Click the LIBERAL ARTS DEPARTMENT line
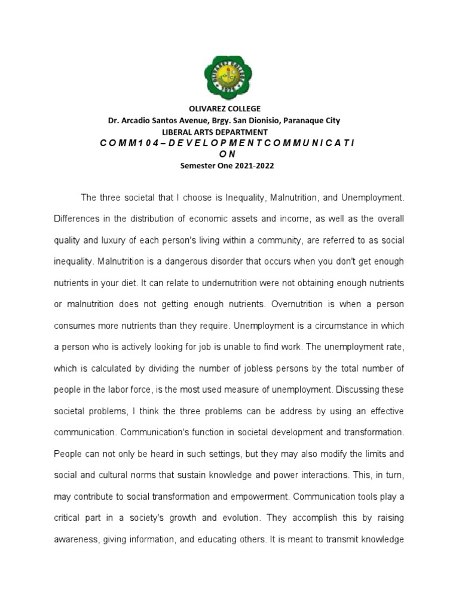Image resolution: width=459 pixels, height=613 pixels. tap(215, 132)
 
